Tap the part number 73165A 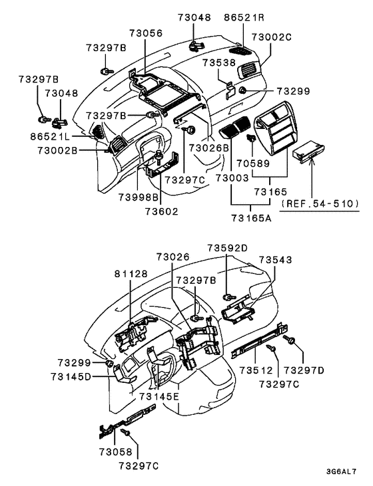pyautogui.click(x=250, y=217)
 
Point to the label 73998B pyautogui.click(x=139, y=197)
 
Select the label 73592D pyautogui.click(x=227, y=247)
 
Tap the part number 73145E pyautogui.click(x=159, y=396)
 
